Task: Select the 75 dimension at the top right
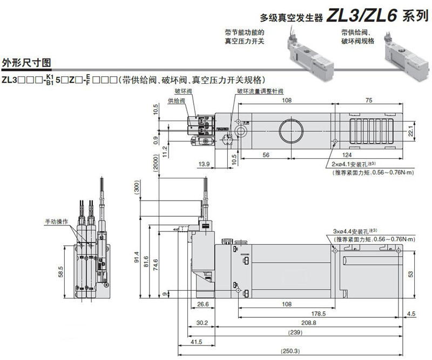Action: [x=369, y=100]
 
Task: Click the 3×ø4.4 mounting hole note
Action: [x=355, y=231]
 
